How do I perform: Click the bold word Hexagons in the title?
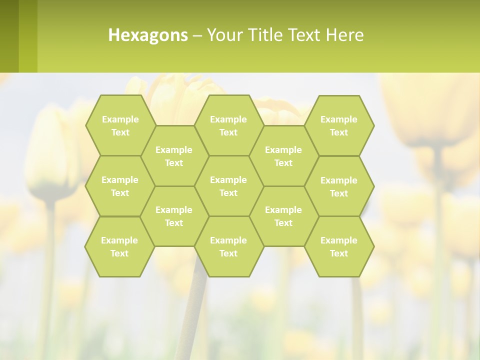coord(148,35)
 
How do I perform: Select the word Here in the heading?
coord(344,35)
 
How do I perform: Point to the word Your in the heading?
coord(223,35)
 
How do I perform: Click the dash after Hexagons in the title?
coord(197,35)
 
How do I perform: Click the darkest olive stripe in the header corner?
coord(9,36)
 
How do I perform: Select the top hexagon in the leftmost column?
coord(120,125)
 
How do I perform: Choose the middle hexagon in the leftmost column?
coord(120,186)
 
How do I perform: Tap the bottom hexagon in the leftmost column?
coord(119,246)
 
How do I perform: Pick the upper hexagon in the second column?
coord(174,156)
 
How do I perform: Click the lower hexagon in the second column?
coord(174,216)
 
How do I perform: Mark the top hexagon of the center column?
coord(228,125)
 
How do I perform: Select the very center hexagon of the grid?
coord(228,186)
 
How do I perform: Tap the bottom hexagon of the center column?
coord(228,246)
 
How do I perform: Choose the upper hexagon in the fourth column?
coord(283,156)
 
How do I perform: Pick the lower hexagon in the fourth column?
coord(283,216)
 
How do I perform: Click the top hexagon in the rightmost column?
coord(339,125)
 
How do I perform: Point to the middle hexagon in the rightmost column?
coord(339,186)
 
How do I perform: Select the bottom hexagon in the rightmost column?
coord(339,246)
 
